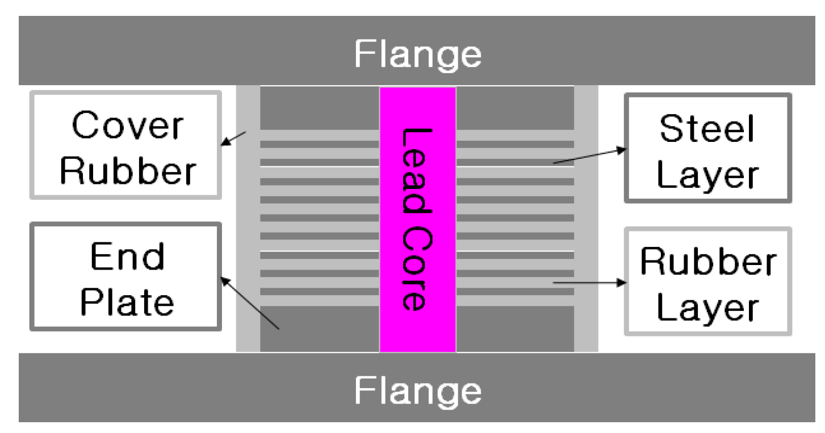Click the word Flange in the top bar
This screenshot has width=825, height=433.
(418, 54)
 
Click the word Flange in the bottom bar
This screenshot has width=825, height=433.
(418, 390)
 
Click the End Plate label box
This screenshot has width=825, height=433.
(125, 276)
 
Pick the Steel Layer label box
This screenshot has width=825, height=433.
(708, 148)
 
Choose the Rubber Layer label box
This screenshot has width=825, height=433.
(708, 281)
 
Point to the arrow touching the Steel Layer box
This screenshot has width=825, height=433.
(591, 156)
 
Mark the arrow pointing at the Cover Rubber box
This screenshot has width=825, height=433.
(233, 138)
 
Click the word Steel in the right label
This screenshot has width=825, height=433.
(707, 129)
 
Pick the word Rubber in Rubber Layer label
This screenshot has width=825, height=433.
(707, 262)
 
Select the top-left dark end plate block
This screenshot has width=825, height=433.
(320, 108)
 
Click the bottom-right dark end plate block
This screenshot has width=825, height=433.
(516, 329)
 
